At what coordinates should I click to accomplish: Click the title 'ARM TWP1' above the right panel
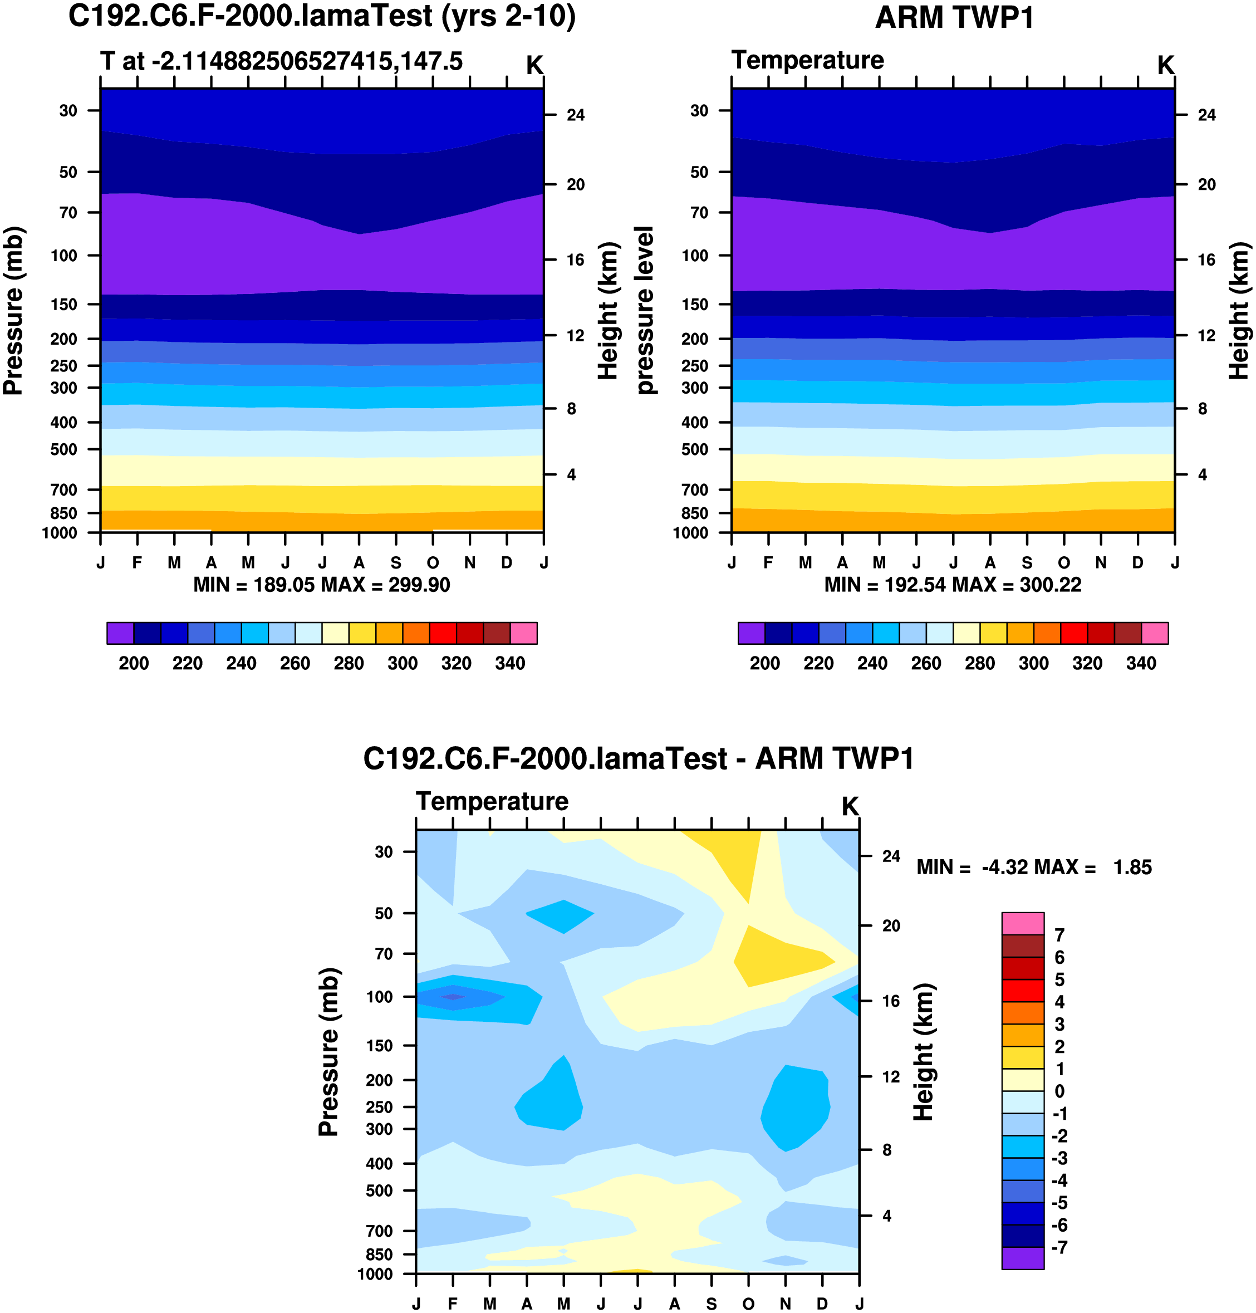pyautogui.click(x=954, y=18)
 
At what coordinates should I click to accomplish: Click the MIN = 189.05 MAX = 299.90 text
pyautogui.click(x=321, y=585)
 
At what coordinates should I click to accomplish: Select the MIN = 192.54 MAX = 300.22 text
pyautogui.click(x=953, y=585)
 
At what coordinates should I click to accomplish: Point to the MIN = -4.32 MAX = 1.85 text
pyautogui.click(x=1034, y=868)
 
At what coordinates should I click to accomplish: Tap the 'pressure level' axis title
pyautogui.click(x=644, y=310)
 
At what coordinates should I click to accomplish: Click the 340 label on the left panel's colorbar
pyautogui.click(x=509, y=664)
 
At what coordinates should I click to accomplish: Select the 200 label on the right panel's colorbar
pyautogui.click(x=764, y=664)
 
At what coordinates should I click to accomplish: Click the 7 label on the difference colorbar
pyautogui.click(x=1059, y=935)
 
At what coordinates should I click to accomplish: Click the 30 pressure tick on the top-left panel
pyautogui.click(x=68, y=110)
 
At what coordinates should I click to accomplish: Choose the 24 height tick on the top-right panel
pyautogui.click(x=1206, y=115)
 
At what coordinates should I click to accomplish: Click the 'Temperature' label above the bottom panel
pyautogui.click(x=492, y=801)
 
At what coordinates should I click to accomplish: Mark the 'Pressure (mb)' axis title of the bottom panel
pyautogui.click(x=328, y=1052)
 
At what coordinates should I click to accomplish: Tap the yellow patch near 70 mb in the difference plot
pyautogui.click(x=777, y=957)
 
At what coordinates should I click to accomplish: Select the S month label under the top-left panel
pyautogui.click(x=396, y=563)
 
